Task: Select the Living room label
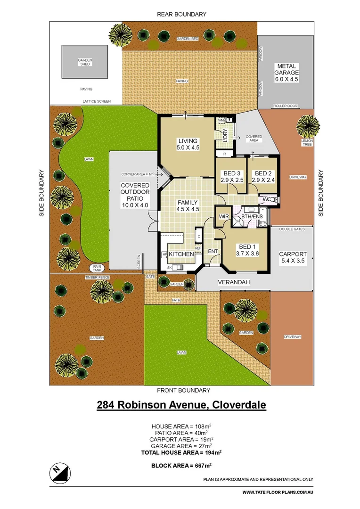click(x=188, y=145)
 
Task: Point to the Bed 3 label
click(x=230, y=177)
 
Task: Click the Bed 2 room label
click(x=262, y=177)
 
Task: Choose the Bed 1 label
click(x=248, y=250)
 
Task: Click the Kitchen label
click(x=181, y=254)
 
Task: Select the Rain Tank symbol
click(x=98, y=268)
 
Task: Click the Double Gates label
click(x=292, y=229)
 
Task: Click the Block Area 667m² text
click(x=181, y=465)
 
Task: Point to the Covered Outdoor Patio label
click(x=135, y=195)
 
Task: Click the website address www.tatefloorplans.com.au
click(x=278, y=493)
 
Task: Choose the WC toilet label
click(x=266, y=199)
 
